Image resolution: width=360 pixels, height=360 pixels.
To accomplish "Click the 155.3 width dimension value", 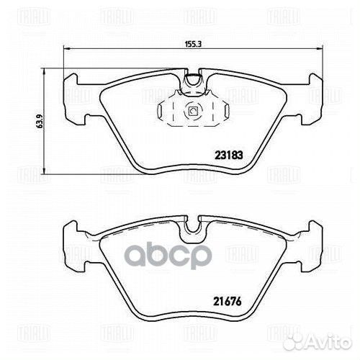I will point(192,44).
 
